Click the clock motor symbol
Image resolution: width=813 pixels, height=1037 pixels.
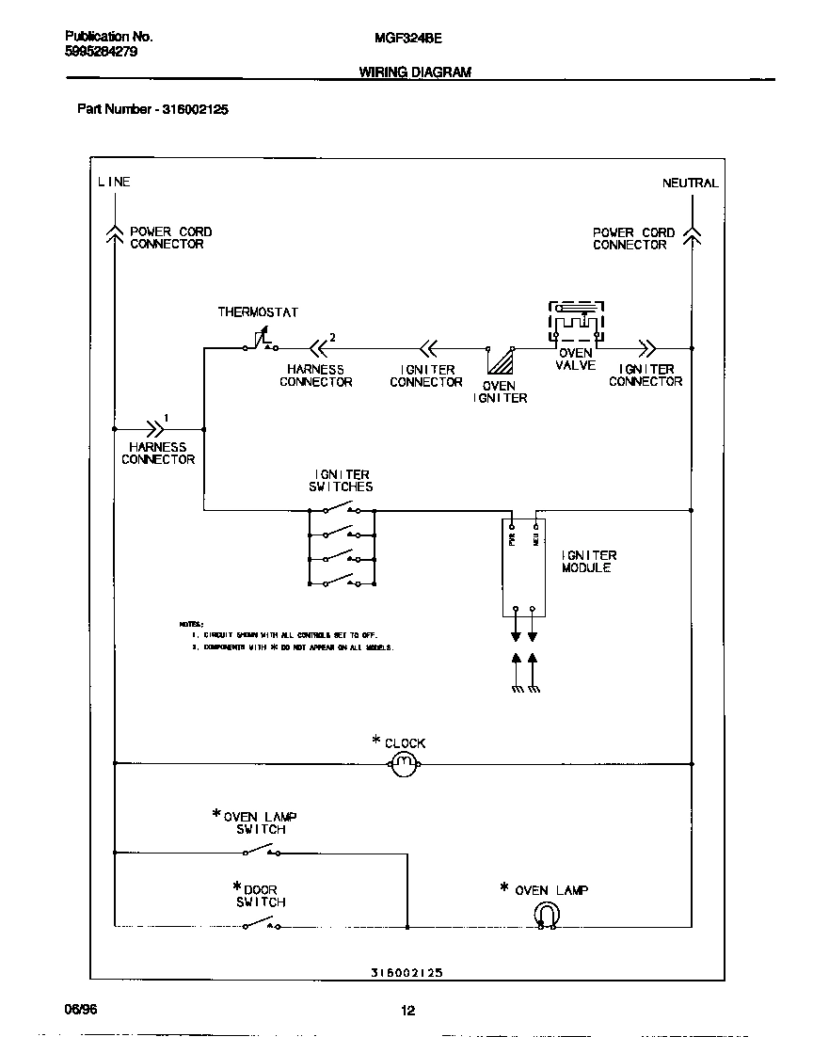404,764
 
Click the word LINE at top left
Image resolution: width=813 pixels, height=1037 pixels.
114,182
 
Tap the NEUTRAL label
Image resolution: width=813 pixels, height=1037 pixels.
690,183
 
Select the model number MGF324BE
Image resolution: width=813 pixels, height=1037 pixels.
401,38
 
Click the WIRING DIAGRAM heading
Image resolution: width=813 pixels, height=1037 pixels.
415,72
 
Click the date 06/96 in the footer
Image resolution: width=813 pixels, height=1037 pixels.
81,1009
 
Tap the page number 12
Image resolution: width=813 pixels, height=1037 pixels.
407,1012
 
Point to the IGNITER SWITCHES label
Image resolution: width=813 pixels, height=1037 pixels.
341,481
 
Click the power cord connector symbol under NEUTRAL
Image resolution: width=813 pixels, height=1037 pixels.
692,236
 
